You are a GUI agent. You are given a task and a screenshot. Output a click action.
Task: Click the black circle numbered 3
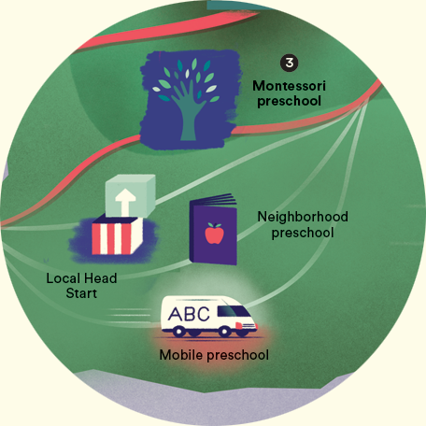pos(290,63)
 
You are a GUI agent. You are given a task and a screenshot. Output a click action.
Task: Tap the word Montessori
pos(289,86)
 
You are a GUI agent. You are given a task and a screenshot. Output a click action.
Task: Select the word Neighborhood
pos(303,217)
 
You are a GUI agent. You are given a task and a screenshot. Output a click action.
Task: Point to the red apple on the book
pos(215,234)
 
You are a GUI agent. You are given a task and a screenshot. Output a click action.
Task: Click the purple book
pos(214,229)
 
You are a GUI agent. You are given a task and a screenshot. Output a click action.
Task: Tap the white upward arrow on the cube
pos(125,203)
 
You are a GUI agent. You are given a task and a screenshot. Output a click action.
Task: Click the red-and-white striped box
pos(117,234)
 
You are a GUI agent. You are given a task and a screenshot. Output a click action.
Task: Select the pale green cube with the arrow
pos(130,196)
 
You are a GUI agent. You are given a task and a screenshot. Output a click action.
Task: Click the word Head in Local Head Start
pos(100,278)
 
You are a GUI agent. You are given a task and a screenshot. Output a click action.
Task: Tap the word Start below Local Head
pos(81,293)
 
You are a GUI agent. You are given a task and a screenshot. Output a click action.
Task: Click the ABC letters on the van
pos(189,314)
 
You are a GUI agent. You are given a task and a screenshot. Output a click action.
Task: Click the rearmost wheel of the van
pos(178,332)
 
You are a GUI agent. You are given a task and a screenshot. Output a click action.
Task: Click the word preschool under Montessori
pos(289,102)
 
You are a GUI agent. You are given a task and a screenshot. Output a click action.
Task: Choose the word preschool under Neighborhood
pos(303,233)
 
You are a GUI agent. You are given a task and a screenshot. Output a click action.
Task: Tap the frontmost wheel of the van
pos(242,333)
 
